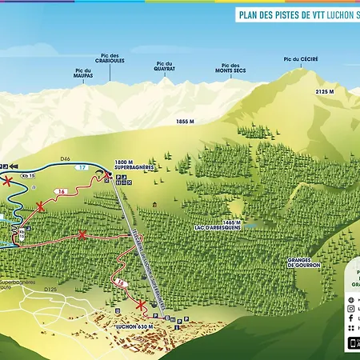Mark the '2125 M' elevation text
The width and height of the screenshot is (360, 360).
325,92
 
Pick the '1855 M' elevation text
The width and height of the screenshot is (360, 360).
186,121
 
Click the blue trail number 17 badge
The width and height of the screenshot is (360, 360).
82,168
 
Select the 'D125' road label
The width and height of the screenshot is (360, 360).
51,290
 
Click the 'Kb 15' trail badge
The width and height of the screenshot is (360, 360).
30,174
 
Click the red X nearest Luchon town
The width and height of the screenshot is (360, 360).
142,306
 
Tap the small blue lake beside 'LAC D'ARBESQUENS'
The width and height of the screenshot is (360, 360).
251,226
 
